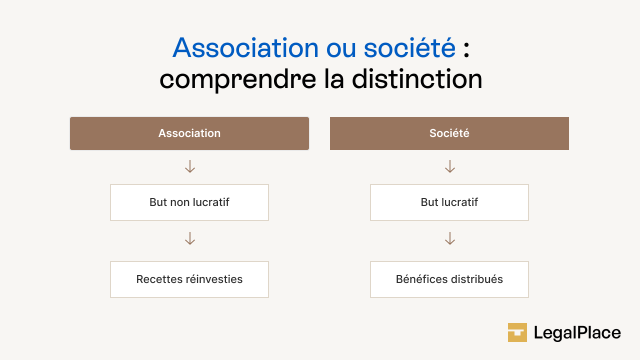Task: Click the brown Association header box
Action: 189,133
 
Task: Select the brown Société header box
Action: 449,133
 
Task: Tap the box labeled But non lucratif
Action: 189,202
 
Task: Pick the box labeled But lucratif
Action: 449,202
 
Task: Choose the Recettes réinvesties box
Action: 189,279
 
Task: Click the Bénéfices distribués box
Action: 449,279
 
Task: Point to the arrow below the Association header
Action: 189,166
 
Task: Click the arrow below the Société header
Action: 449,166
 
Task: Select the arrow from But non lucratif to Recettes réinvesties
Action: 189,238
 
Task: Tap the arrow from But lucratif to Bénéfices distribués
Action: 449,238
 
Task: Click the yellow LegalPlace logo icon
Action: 517,332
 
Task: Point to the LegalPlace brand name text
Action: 577,333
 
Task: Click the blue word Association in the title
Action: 245,48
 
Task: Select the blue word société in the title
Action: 409,48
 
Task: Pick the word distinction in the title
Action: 417,79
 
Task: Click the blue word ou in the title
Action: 341,49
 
